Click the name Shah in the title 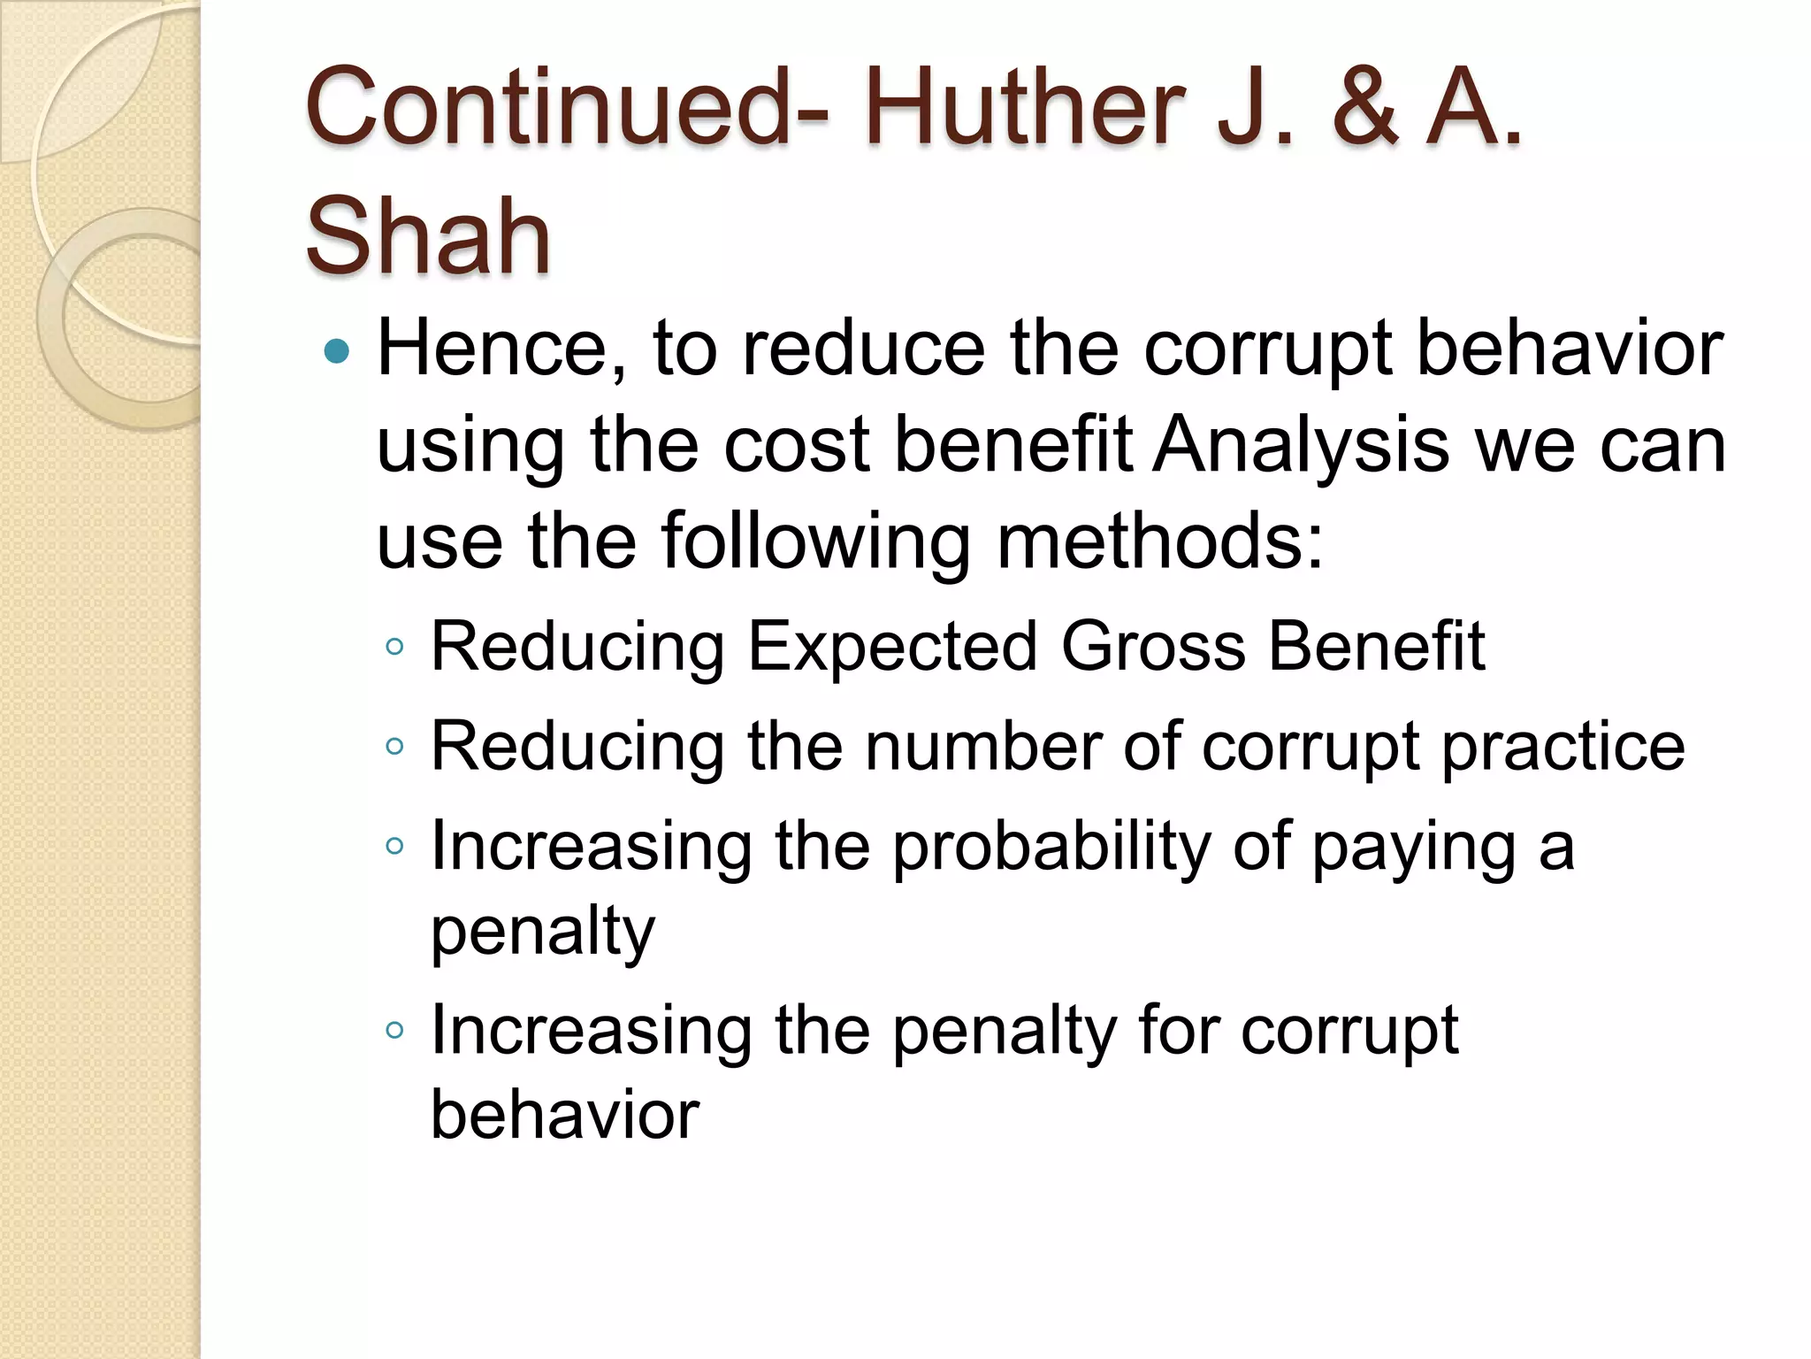pos(428,237)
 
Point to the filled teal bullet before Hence pos(337,352)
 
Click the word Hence pos(502,349)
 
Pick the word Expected pos(892,649)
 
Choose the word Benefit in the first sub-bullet pos(1377,647)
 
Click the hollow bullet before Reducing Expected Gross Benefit pos(394,647)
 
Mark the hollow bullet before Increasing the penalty pos(394,1030)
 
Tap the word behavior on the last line pos(565,1115)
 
